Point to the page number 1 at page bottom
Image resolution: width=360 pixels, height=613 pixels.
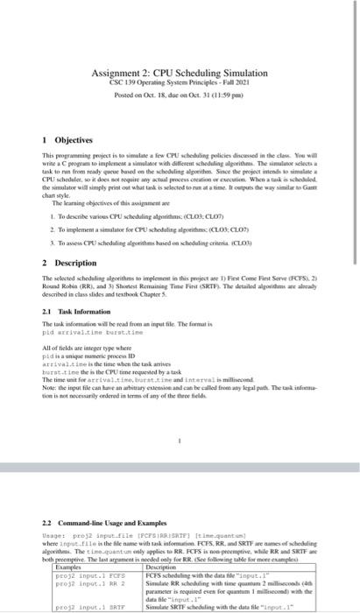click(179, 441)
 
